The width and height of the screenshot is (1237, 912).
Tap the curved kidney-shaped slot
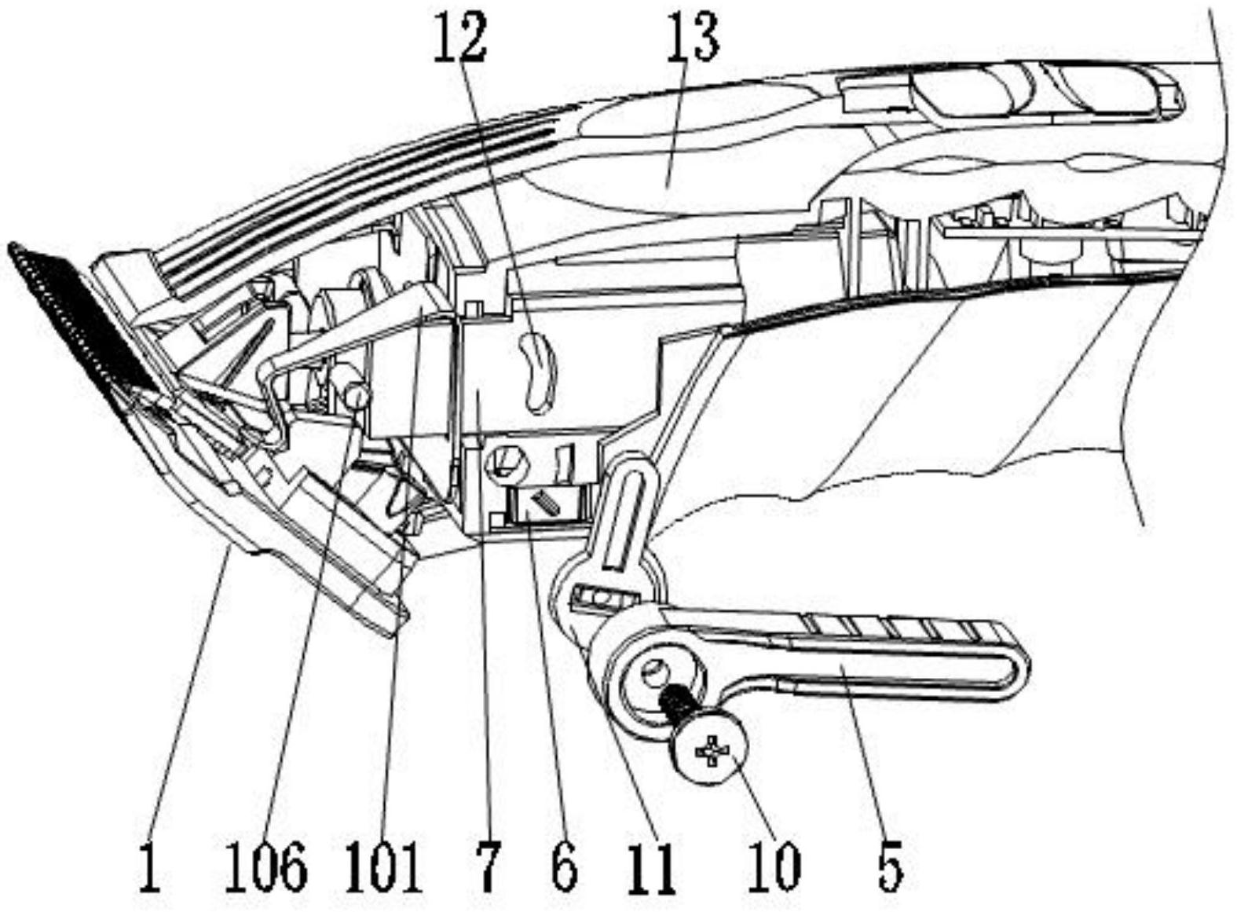pos(538,371)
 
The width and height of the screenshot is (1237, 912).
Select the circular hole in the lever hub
pos(653,672)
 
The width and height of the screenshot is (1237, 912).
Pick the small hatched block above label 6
pos(543,504)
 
